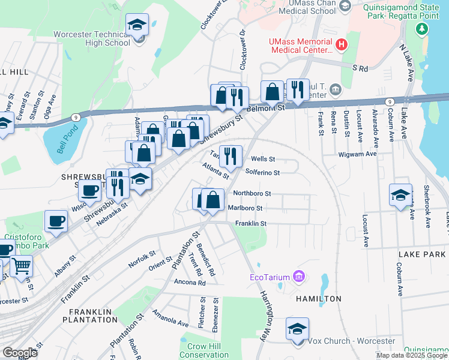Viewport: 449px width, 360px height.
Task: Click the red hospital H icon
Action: click(342, 44)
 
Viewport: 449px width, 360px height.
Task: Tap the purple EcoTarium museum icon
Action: click(299, 277)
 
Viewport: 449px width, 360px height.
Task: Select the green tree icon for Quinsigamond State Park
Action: click(423, 29)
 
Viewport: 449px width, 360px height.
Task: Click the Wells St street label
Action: click(263, 159)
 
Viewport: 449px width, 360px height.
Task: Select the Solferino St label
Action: click(263, 172)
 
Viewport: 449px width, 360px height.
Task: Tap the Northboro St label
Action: click(252, 194)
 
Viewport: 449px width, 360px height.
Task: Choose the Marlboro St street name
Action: click(245, 208)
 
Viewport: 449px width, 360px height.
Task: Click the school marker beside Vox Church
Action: click(297, 329)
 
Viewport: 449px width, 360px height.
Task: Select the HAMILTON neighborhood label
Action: click(318, 298)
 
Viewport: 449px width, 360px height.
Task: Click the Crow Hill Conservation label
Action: click(205, 350)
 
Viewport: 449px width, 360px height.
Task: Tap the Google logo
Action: click(20, 353)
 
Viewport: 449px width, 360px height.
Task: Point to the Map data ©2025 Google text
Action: click(411, 355)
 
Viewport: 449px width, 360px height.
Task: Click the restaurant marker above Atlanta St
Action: click(231, 157)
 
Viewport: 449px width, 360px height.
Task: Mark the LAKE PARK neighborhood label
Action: click(423, 254)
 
